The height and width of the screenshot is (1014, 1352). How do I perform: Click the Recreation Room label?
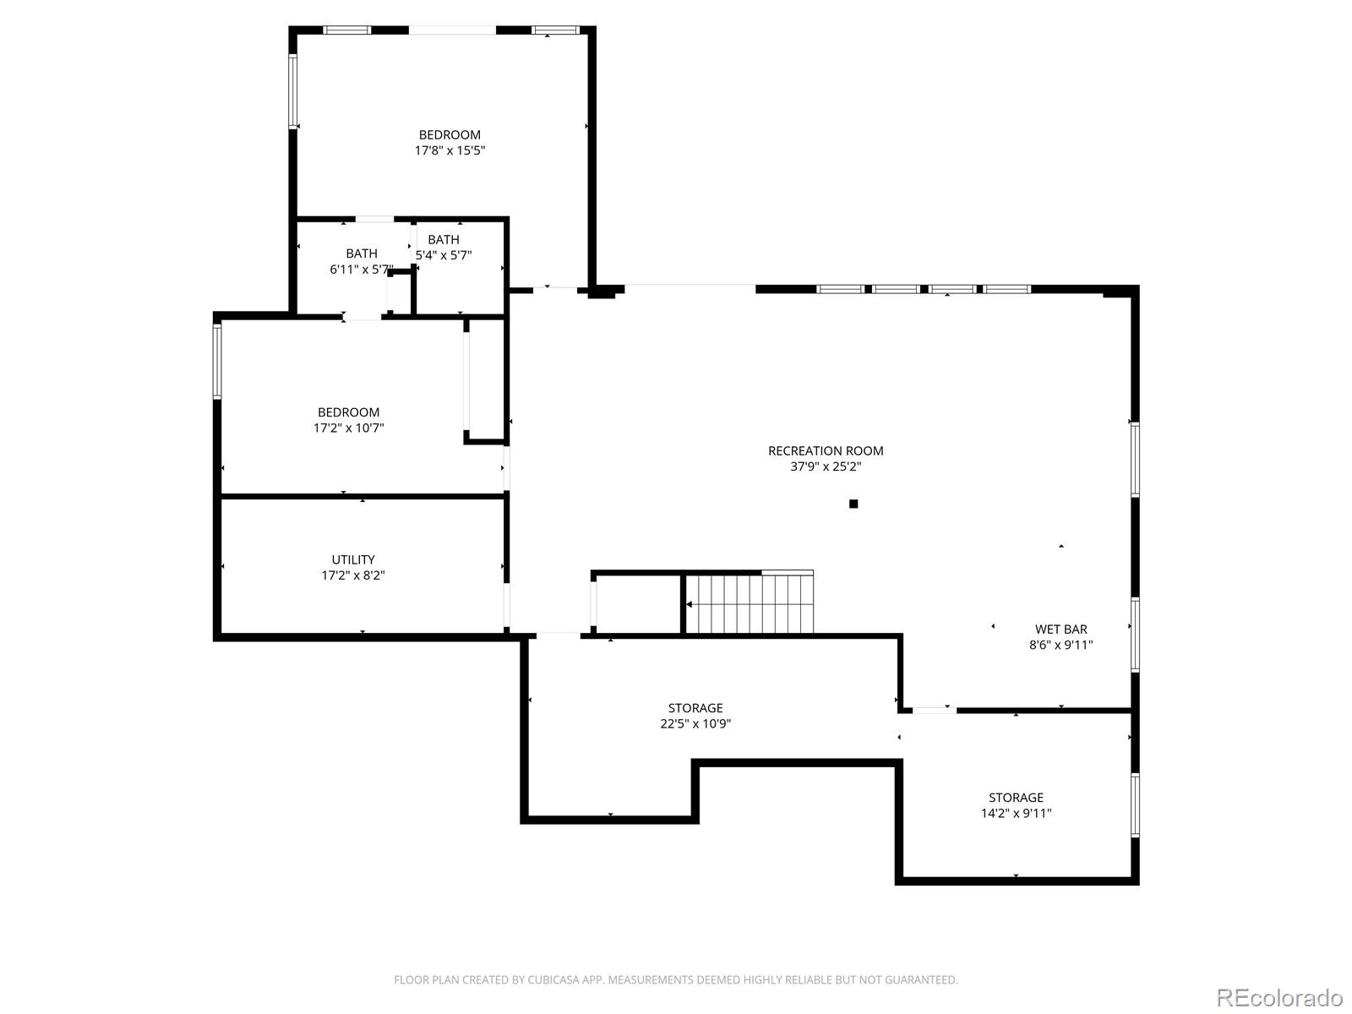coord(826,450)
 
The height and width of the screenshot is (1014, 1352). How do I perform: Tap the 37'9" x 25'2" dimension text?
coord(826,466)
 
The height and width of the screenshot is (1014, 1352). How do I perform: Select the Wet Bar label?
coord(1060,630)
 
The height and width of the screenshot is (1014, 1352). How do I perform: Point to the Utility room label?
coord(353,559)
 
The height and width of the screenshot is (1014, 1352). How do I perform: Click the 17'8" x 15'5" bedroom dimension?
coord(450,150)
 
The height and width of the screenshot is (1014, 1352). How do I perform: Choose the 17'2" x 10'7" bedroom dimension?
coord(349,428)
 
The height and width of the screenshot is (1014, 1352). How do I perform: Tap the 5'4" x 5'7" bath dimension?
coord(444,255)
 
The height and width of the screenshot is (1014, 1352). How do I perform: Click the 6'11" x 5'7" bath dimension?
coord(362,269)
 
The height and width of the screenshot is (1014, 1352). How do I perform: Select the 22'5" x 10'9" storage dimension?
coord(695,723)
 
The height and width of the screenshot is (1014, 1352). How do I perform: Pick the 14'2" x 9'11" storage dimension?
coord(1017,813)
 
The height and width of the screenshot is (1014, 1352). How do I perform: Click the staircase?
coord(750,603)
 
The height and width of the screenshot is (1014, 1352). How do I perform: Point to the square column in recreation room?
coord(853,504)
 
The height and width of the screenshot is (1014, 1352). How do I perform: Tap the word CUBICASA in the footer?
coord(552,979)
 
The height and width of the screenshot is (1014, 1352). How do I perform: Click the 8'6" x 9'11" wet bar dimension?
coord(1060,646)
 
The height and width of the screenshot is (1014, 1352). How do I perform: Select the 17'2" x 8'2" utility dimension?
coord(353,575)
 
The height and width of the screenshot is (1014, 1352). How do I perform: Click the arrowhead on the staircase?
coord(690,604)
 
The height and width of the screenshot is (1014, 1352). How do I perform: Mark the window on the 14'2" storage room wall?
coord(1135,805)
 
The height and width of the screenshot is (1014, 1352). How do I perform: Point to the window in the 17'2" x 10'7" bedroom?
coord(217,361)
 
